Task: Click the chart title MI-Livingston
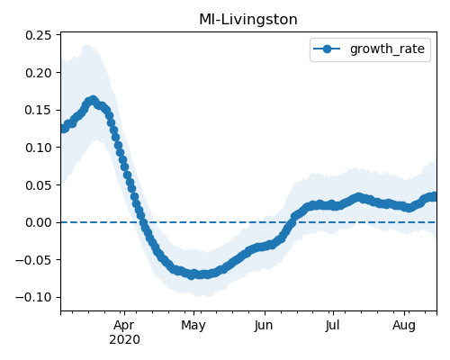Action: coord(248,20)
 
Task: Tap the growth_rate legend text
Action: coord(387,49)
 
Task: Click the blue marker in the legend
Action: coord(327,49)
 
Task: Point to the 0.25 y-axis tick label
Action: coord(39,35)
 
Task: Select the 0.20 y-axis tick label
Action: coord(39,73)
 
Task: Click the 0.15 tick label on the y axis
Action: coord(39,110)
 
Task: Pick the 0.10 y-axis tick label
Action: coord(39,148)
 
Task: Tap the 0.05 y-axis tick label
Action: coord(39,185)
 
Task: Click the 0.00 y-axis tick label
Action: coord(39,222)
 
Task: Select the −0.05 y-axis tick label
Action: coord(33,260)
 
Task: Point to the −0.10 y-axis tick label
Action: coord(33,297)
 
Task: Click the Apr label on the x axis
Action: coord(124,326)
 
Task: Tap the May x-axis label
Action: coord(193,326)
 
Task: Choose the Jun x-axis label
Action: coord(264,326)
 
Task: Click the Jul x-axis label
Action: coord(333,326)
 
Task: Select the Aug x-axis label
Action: coord(404,326)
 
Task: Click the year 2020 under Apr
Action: coord(124,340)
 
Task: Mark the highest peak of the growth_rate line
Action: coord(94,100)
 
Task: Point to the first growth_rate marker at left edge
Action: coord(63,129)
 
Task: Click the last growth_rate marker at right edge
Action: coord(434,196)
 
